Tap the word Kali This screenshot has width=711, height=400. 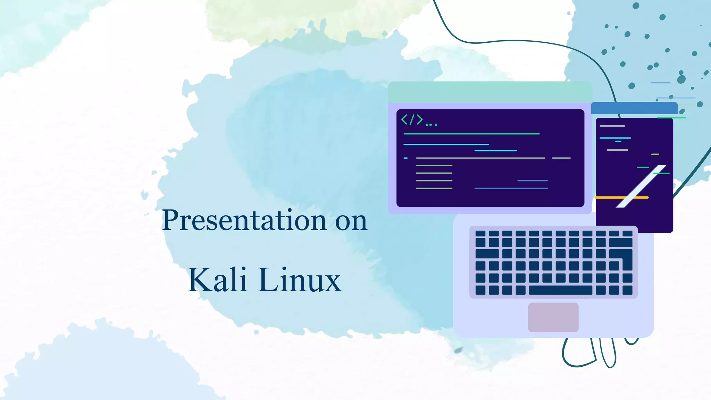(x=217, y=280)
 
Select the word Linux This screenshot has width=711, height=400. (x=299, y=280)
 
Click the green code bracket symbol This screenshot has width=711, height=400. (x=412, y=120)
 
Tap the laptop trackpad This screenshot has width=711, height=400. (x=553, y=317)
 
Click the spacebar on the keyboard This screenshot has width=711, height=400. (x=560, y=290)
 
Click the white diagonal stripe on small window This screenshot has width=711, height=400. (x=641, y=186)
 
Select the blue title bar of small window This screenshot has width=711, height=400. (x=634, y=108)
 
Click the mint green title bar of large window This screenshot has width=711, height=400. (x=490, y=92)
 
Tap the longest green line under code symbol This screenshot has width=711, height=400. (x=471, y=134)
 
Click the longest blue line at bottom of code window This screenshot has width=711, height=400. (x=511, y=188)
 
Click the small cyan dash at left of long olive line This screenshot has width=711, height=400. (x=405, y=158)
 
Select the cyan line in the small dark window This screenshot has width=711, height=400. (x=615, y=138)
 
